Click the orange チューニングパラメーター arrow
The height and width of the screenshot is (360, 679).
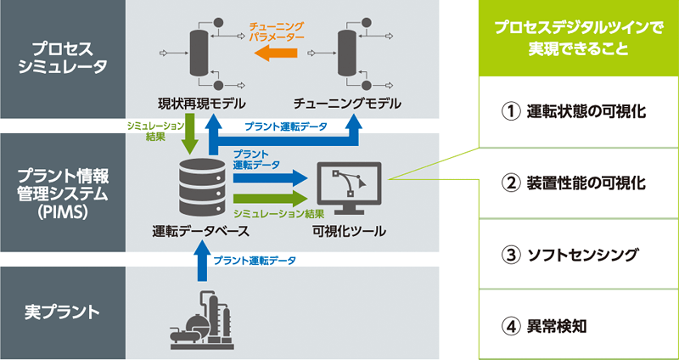click(x=276, y=54)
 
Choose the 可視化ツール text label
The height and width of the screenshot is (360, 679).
click(x=349, y=231)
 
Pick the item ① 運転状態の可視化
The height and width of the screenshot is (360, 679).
click(x=580, y=111)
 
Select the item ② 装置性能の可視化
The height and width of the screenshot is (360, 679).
click(x=580, y=183)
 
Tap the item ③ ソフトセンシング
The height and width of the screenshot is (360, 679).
click(x=580, y=254)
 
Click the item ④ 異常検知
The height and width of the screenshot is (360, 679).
click(x=580, y=325)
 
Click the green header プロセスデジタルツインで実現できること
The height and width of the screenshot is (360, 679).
click(x=580, y=38)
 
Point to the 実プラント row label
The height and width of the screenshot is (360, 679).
click(x=62, y=312)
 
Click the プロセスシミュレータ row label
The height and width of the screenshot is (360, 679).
click(x=62, y=59)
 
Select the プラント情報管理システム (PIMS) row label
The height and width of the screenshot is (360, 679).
click(x=62, y=192)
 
